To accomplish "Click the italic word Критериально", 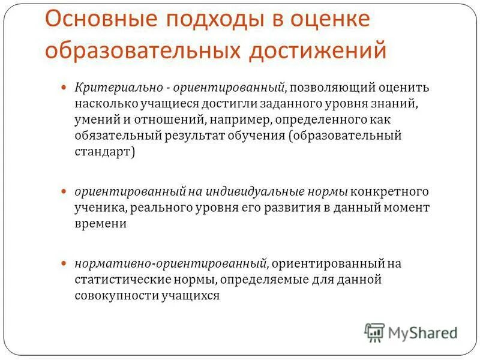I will point(119,88).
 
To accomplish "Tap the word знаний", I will point(403,104).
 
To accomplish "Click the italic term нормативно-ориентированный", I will point(170,263).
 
